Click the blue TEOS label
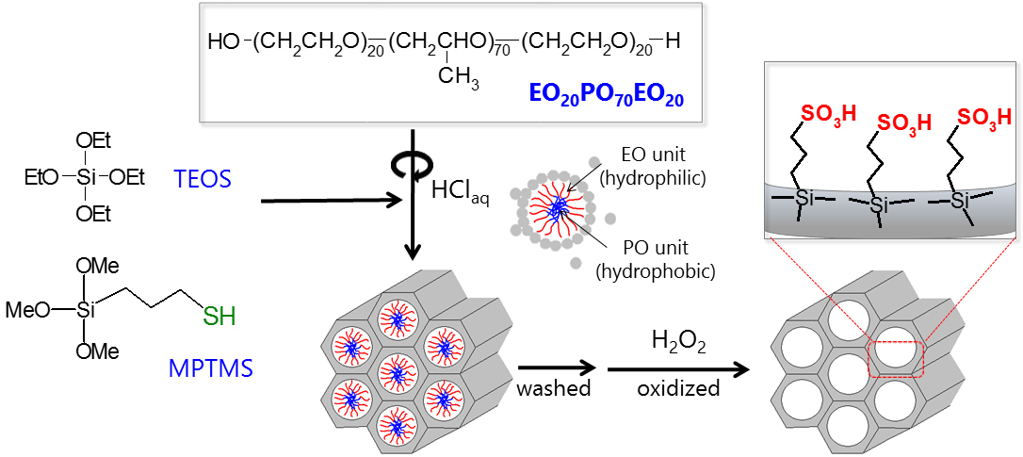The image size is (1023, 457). click(203, 178)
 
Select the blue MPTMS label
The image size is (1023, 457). click(211, 368)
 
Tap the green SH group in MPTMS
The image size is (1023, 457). click(220, 317)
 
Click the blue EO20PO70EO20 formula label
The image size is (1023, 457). click(606, 95)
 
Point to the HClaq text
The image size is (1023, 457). click(460, 191)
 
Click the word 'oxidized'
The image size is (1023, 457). click(678, 387)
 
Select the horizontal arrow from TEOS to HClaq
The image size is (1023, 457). click(330, 201)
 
